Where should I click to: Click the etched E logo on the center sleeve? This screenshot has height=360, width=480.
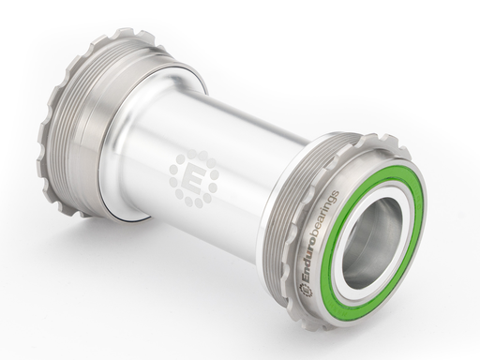[193, 175]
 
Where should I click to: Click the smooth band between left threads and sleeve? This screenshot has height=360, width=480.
[112, 131]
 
